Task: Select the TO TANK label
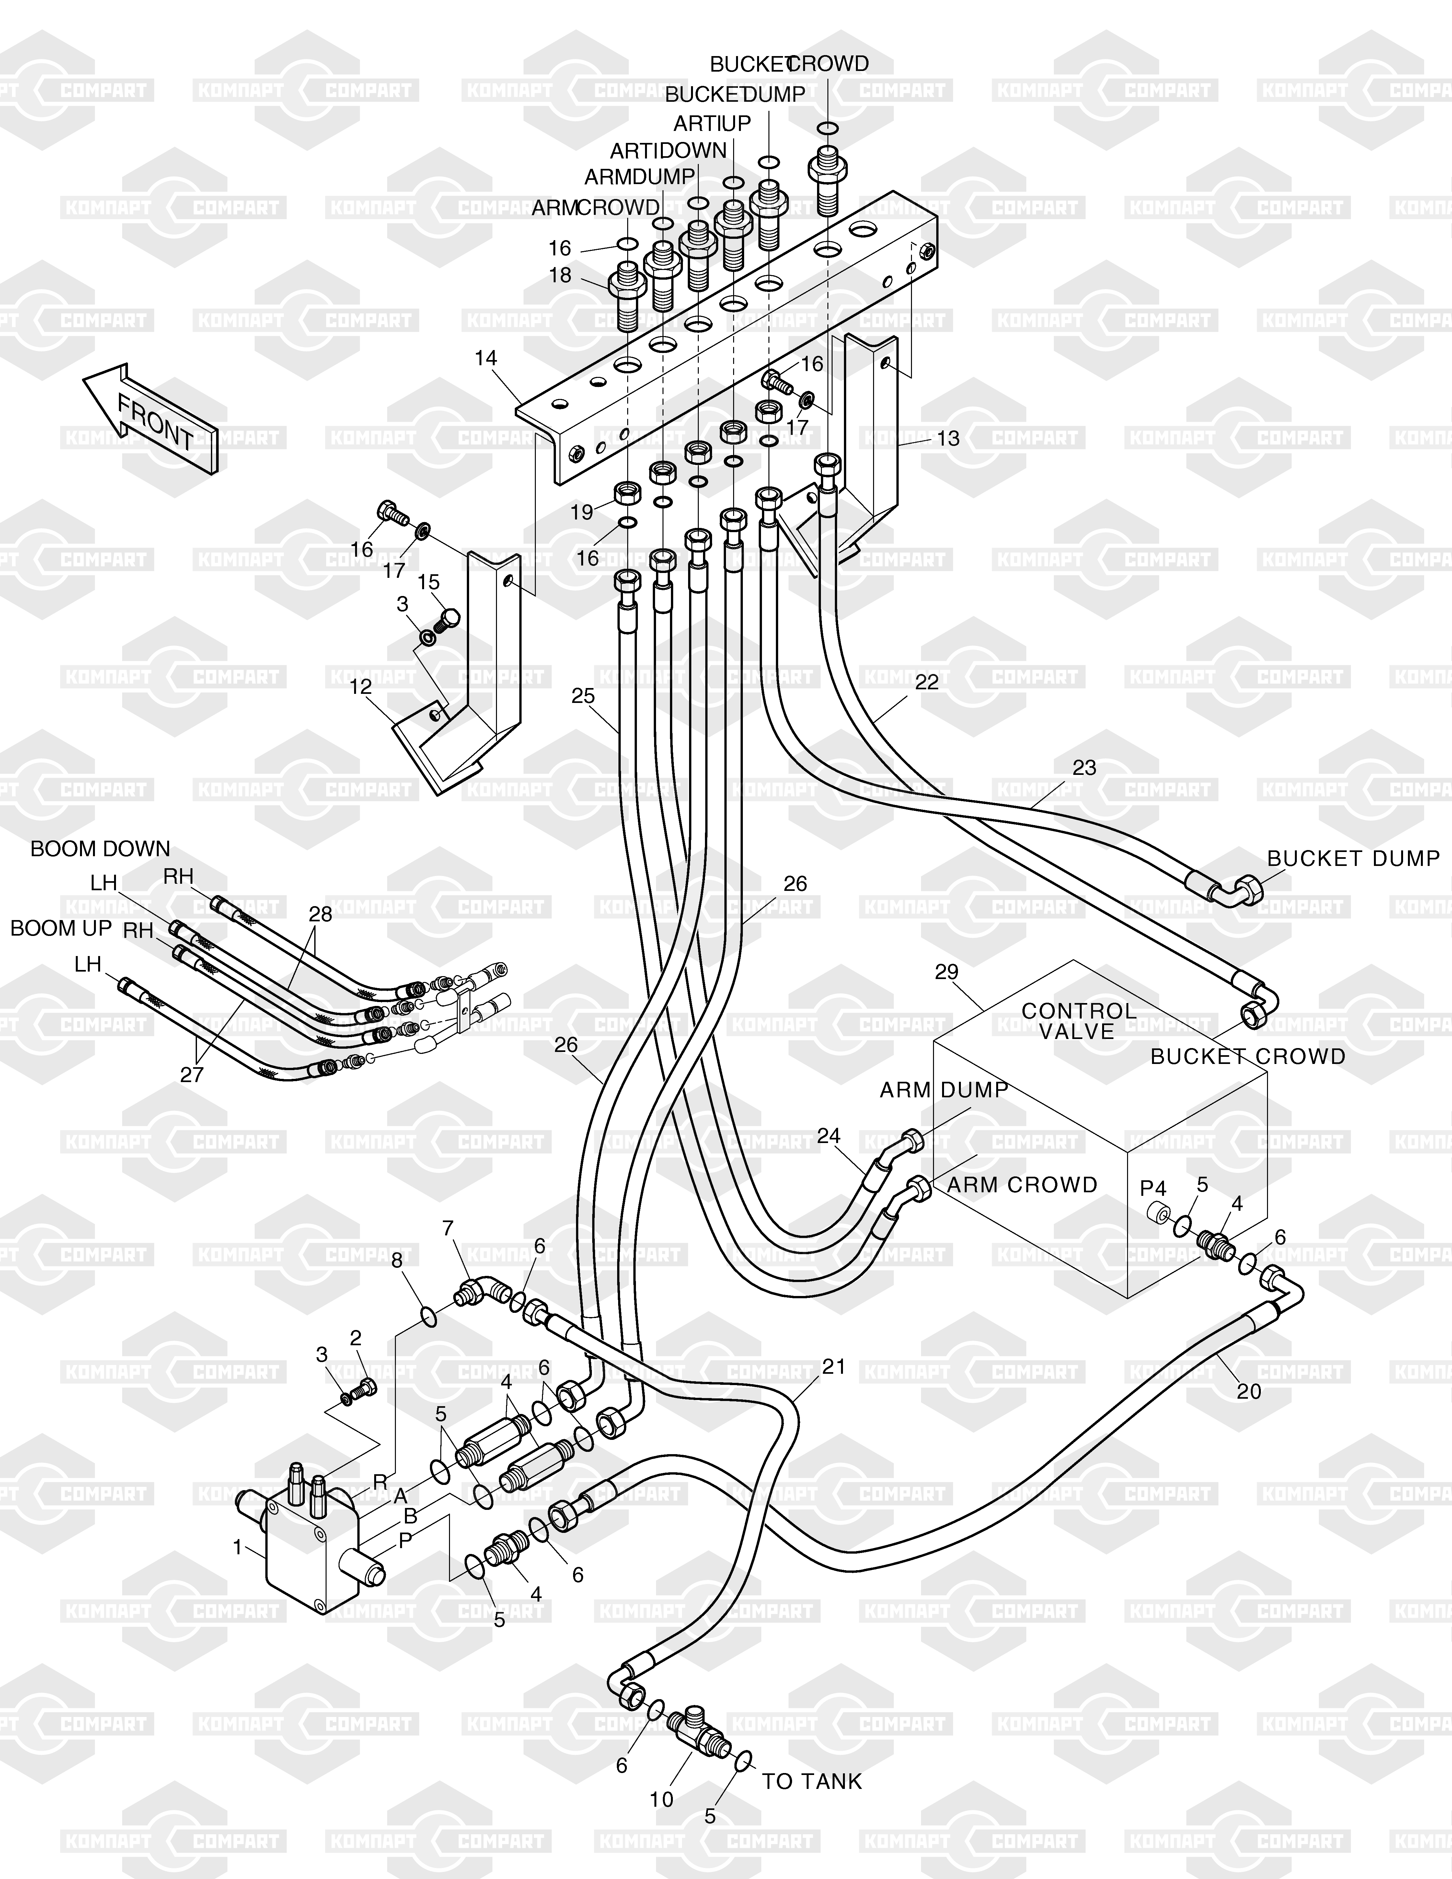tap(811, 1782)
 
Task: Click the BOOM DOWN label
tap(101, 849)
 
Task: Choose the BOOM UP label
tap(61, 928)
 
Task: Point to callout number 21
tap(834, 1366)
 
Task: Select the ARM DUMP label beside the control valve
tap(944, 1090)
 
